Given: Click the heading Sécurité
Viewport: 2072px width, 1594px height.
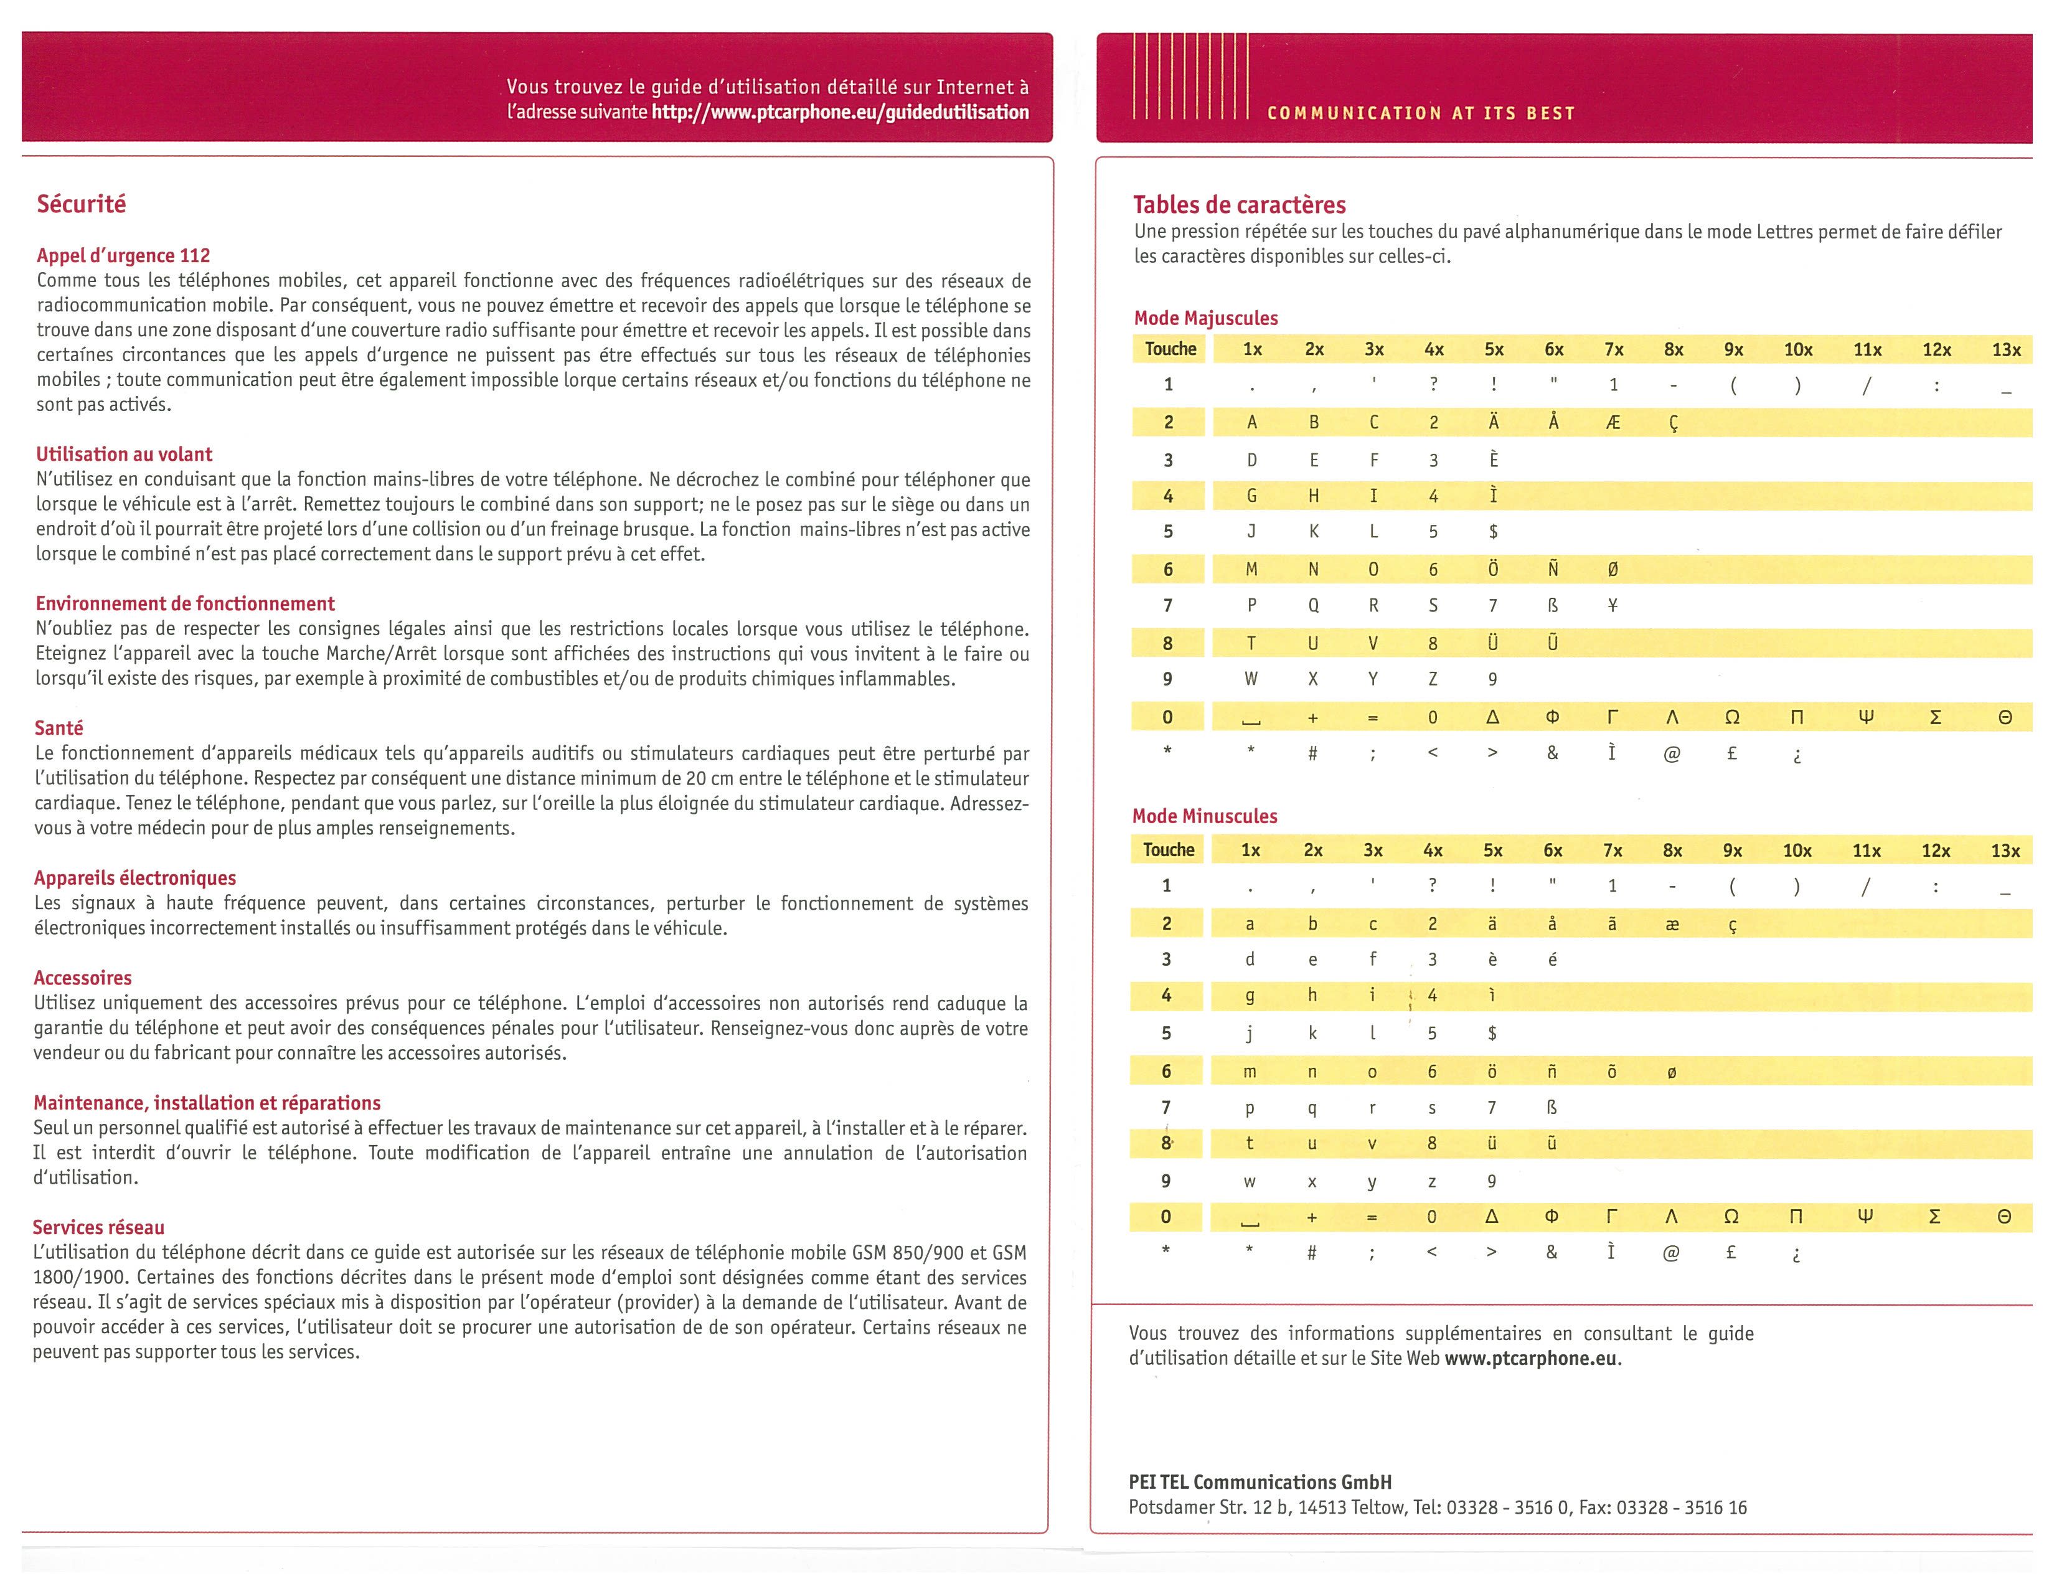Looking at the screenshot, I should (x=81, y=204).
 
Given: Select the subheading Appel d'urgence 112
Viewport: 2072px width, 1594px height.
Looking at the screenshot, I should (x=123, y=255).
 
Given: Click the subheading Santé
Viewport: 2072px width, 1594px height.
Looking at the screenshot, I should (x=59, y=728).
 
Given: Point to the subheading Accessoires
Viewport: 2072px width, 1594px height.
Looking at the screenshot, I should (x=83, y=978).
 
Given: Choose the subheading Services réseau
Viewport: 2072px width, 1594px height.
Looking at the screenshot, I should (x=98, y=1227).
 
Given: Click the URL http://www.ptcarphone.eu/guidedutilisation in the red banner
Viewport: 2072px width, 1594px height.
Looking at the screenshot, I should (x=840, y=112).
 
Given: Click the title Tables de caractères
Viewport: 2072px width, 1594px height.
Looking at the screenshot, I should (x=1239, y=204).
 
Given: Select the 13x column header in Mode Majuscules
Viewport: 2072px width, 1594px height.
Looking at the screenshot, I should (x=2005, y=349).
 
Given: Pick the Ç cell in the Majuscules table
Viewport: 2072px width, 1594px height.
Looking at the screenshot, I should (x=1674, y=423).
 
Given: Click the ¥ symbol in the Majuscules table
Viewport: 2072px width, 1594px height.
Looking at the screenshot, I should (x=1613, y=605).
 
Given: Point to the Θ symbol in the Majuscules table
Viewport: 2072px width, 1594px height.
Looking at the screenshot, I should (x=2005, y=717).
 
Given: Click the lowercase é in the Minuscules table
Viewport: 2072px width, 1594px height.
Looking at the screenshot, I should (x=1552, y=960).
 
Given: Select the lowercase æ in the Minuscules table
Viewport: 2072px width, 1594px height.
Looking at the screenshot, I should (x=1672, y=923).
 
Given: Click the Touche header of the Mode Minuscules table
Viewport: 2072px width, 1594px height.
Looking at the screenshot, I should (x=1168, y=849).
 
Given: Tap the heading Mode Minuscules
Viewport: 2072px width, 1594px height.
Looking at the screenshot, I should (x=1204, y=816).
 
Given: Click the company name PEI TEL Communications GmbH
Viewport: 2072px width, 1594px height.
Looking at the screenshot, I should (x=1260, y=1482).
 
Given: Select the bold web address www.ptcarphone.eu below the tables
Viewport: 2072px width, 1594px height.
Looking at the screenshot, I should (x=1530, y=1358).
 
